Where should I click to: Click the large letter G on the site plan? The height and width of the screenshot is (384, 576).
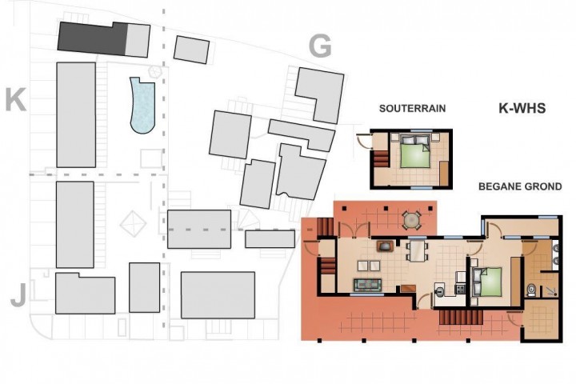[320, 46]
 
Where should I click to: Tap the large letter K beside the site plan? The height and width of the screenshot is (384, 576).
[16, 99]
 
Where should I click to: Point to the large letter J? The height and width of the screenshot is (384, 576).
[18, 295]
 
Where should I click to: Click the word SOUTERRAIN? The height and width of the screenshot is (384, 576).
[412, 109]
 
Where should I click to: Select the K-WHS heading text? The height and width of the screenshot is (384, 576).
[522, 108]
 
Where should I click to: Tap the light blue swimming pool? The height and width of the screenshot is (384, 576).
[142, 105]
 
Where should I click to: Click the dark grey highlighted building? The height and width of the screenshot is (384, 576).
[93, 38]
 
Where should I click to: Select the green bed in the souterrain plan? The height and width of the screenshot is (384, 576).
[415, 154]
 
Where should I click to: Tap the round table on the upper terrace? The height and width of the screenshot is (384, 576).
[412, 221]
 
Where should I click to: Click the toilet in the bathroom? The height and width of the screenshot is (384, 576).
[531, 290]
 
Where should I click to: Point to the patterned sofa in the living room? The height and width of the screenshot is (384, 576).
[367, 285]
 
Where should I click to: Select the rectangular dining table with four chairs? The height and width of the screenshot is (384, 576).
[417, 251]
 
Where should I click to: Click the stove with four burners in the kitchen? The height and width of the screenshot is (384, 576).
[461, 289]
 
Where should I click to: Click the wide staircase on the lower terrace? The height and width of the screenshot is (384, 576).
[461, 316]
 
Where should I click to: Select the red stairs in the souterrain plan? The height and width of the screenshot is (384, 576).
[381, 158]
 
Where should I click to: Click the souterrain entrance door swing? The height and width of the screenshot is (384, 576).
[365, 141]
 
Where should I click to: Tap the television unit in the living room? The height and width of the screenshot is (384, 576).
[385, 246]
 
